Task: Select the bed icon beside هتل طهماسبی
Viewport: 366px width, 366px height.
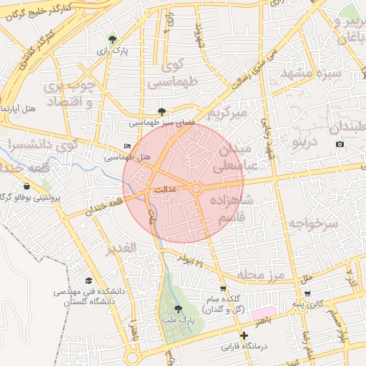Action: [128, 146]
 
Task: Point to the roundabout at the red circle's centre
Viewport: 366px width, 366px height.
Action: [195, 188]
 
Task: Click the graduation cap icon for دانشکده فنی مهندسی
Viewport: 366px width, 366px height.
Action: [89, 281]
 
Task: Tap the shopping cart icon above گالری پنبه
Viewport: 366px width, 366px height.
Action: [307, 293]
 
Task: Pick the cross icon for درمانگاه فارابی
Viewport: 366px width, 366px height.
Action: [244, 335]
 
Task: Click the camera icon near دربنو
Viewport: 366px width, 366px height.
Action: [340, 144]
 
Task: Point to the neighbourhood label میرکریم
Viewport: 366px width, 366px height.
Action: [227, 113]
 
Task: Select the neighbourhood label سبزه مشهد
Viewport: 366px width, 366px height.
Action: [310, 74]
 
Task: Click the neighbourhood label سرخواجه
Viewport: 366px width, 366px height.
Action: [312, 224]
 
